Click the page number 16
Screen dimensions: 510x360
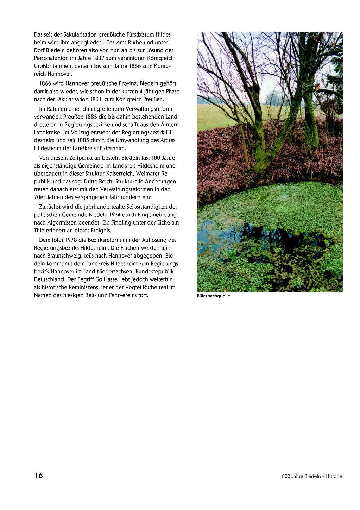click(x=39, y=476)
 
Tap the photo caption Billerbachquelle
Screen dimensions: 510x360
click(x=213, y=296)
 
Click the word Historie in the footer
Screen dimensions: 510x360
click(x=334, y=476)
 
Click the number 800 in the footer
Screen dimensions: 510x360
click(x=286, y=476)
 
